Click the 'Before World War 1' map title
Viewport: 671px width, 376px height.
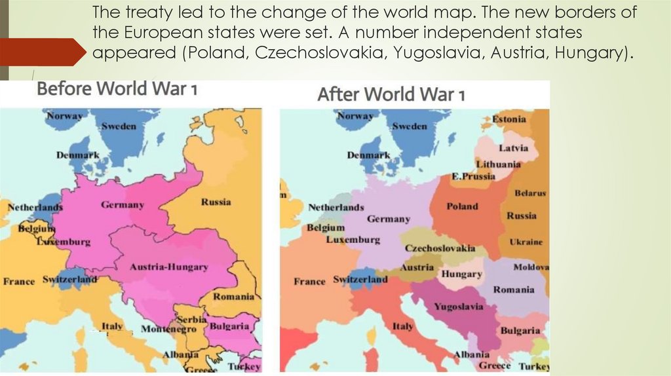click(117, 89)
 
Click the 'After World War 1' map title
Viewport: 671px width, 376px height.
click(391, 94)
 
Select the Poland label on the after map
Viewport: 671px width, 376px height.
click(462, 206)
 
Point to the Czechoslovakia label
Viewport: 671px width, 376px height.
click(440, 249)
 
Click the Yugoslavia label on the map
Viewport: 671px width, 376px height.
click(459, 307)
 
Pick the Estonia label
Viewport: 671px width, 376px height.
click(508, 119)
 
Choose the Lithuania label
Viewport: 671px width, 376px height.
click(498, 164)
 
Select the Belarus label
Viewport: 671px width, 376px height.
click(529, 194)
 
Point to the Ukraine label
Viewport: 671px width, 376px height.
click(526, 242)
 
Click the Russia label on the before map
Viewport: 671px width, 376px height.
click(216, 202)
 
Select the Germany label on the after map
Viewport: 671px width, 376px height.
click(388, 219)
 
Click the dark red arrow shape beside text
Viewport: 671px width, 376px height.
click(43, 51)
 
